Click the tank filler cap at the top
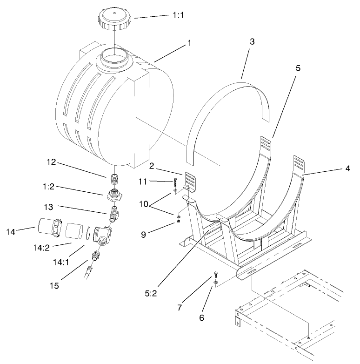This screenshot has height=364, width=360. point(114,19)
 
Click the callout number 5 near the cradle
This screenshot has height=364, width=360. point(298,68)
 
